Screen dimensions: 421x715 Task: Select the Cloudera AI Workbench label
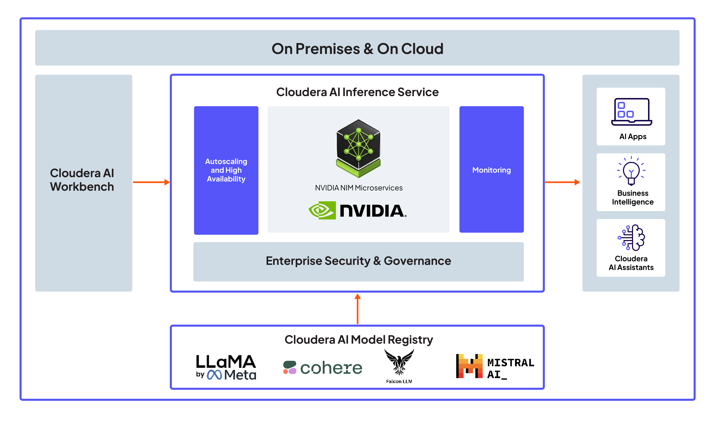pyautogui.click(x=82, y=180)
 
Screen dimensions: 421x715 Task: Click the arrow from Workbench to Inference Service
pyautogui.click(x=151, y=182)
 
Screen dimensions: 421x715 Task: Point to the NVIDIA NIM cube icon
pyautogui.click(x=358, y=148)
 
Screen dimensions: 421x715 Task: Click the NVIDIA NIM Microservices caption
pyautogui.click(x=359, y=188)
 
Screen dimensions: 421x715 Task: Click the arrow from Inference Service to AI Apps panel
pyautogui.click(x=562, y=182)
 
